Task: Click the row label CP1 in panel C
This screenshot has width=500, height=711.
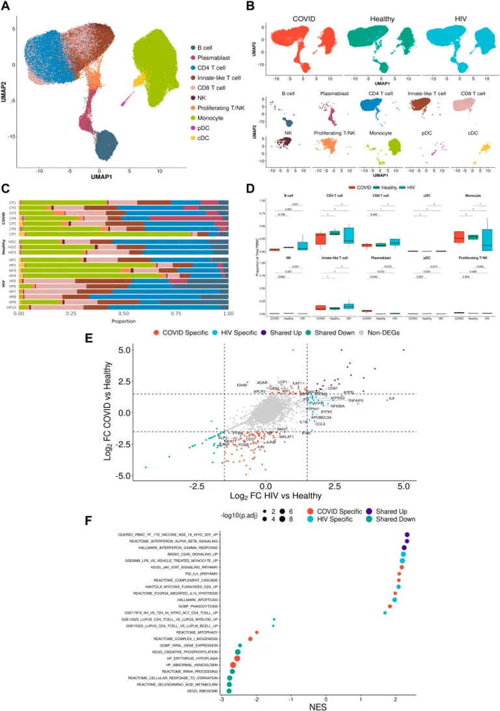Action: tap(12, 202)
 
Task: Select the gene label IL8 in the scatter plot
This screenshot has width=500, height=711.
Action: tap(391, 397)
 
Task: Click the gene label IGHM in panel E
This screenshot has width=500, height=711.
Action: tap(242, 386)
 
